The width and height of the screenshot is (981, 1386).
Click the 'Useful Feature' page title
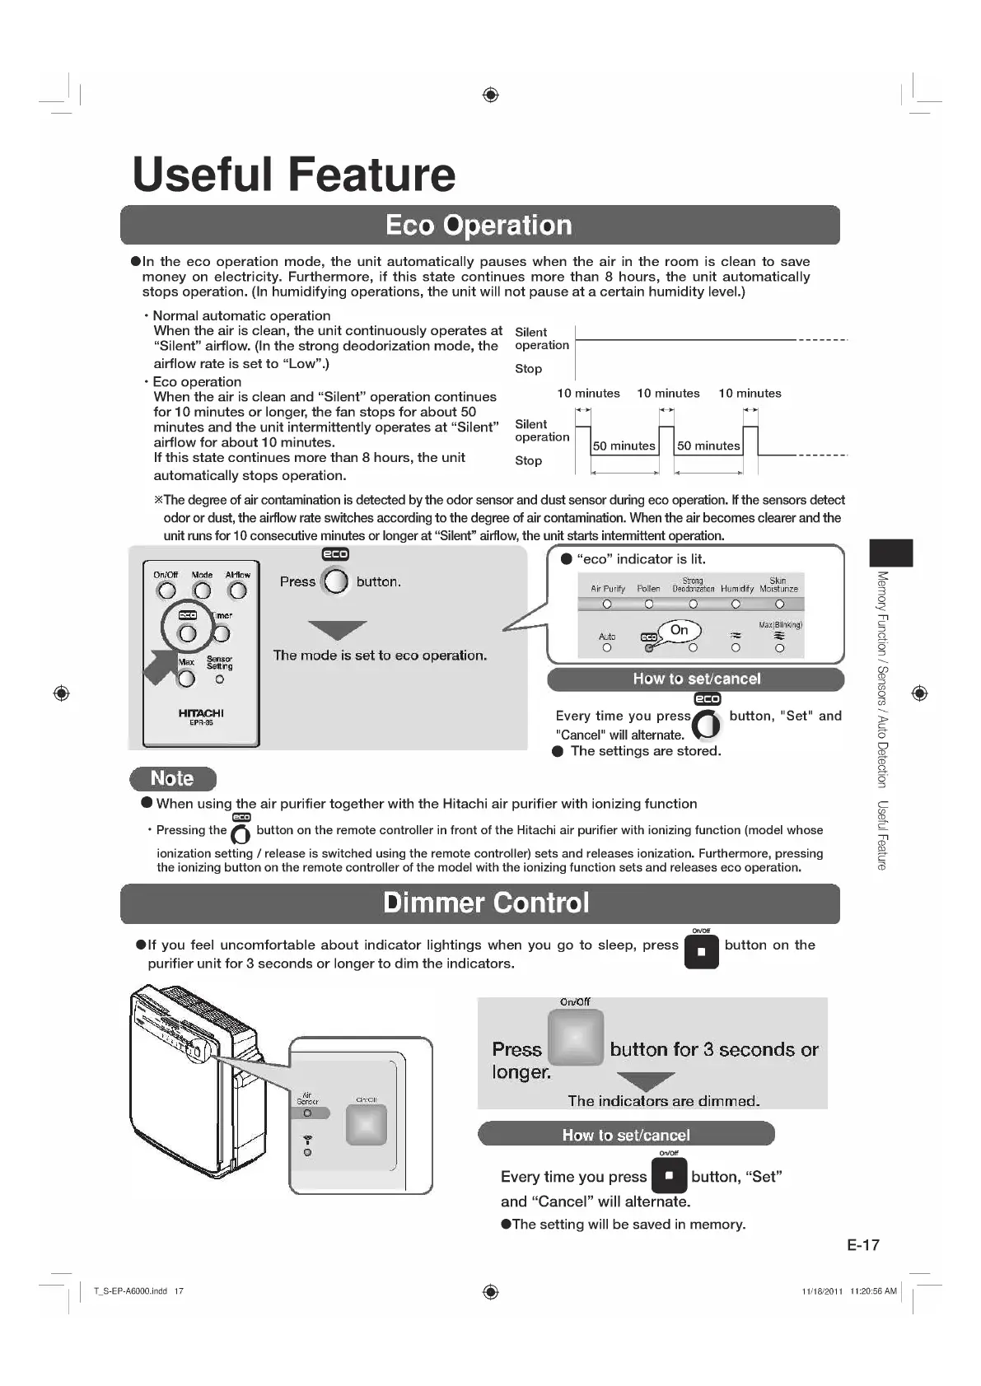coord(293,174)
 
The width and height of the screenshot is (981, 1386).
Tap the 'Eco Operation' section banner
coord(479,225)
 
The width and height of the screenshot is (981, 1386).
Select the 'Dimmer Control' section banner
coord(486,903)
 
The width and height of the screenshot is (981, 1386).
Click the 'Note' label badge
coord(172,778)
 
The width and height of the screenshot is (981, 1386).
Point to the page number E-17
coord(862,1244)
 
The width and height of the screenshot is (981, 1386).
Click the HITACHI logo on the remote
coord(201,713)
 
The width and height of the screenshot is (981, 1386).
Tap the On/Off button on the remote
coord(167,590)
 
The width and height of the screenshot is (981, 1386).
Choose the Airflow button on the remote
coord(238,590)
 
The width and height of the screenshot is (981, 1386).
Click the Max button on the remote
coord(187,679)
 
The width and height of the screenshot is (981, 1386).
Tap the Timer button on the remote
coord(222,633)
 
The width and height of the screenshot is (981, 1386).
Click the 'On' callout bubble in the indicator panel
coord(680,630)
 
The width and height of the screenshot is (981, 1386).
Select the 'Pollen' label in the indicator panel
coord(648,589)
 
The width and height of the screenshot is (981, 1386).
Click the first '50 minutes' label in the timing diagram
coord(624,446)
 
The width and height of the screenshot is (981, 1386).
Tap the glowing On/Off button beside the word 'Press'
coord(576,1038)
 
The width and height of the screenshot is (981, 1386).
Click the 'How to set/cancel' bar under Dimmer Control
coord(626,1134)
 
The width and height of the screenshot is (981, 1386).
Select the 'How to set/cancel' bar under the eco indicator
coord(696,679)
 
